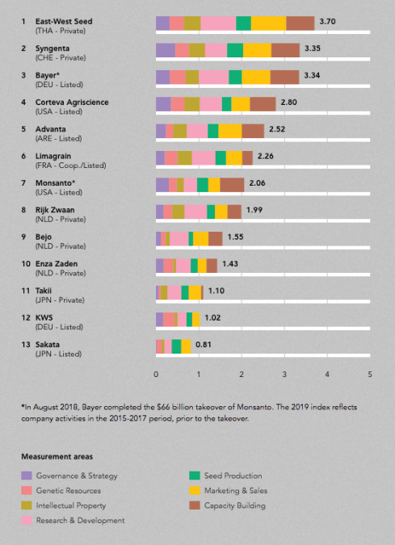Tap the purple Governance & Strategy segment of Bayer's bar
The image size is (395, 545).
[x=162, y=77]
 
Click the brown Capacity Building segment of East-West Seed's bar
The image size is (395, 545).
[x=300, y=23]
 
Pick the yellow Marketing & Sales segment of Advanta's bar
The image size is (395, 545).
[x=229, y=131]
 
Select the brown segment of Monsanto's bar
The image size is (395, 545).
[x=232, y=185]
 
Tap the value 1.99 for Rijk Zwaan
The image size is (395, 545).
[x=255, y=209]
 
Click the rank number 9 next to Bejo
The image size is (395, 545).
[x=23, y=236]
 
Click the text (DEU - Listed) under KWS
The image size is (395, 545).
[x=59, y=326]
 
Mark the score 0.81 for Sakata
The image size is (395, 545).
[x=205, y=345]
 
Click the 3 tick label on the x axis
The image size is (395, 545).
[x=284, y=375]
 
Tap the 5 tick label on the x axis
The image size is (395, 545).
[x=370, y=375]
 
